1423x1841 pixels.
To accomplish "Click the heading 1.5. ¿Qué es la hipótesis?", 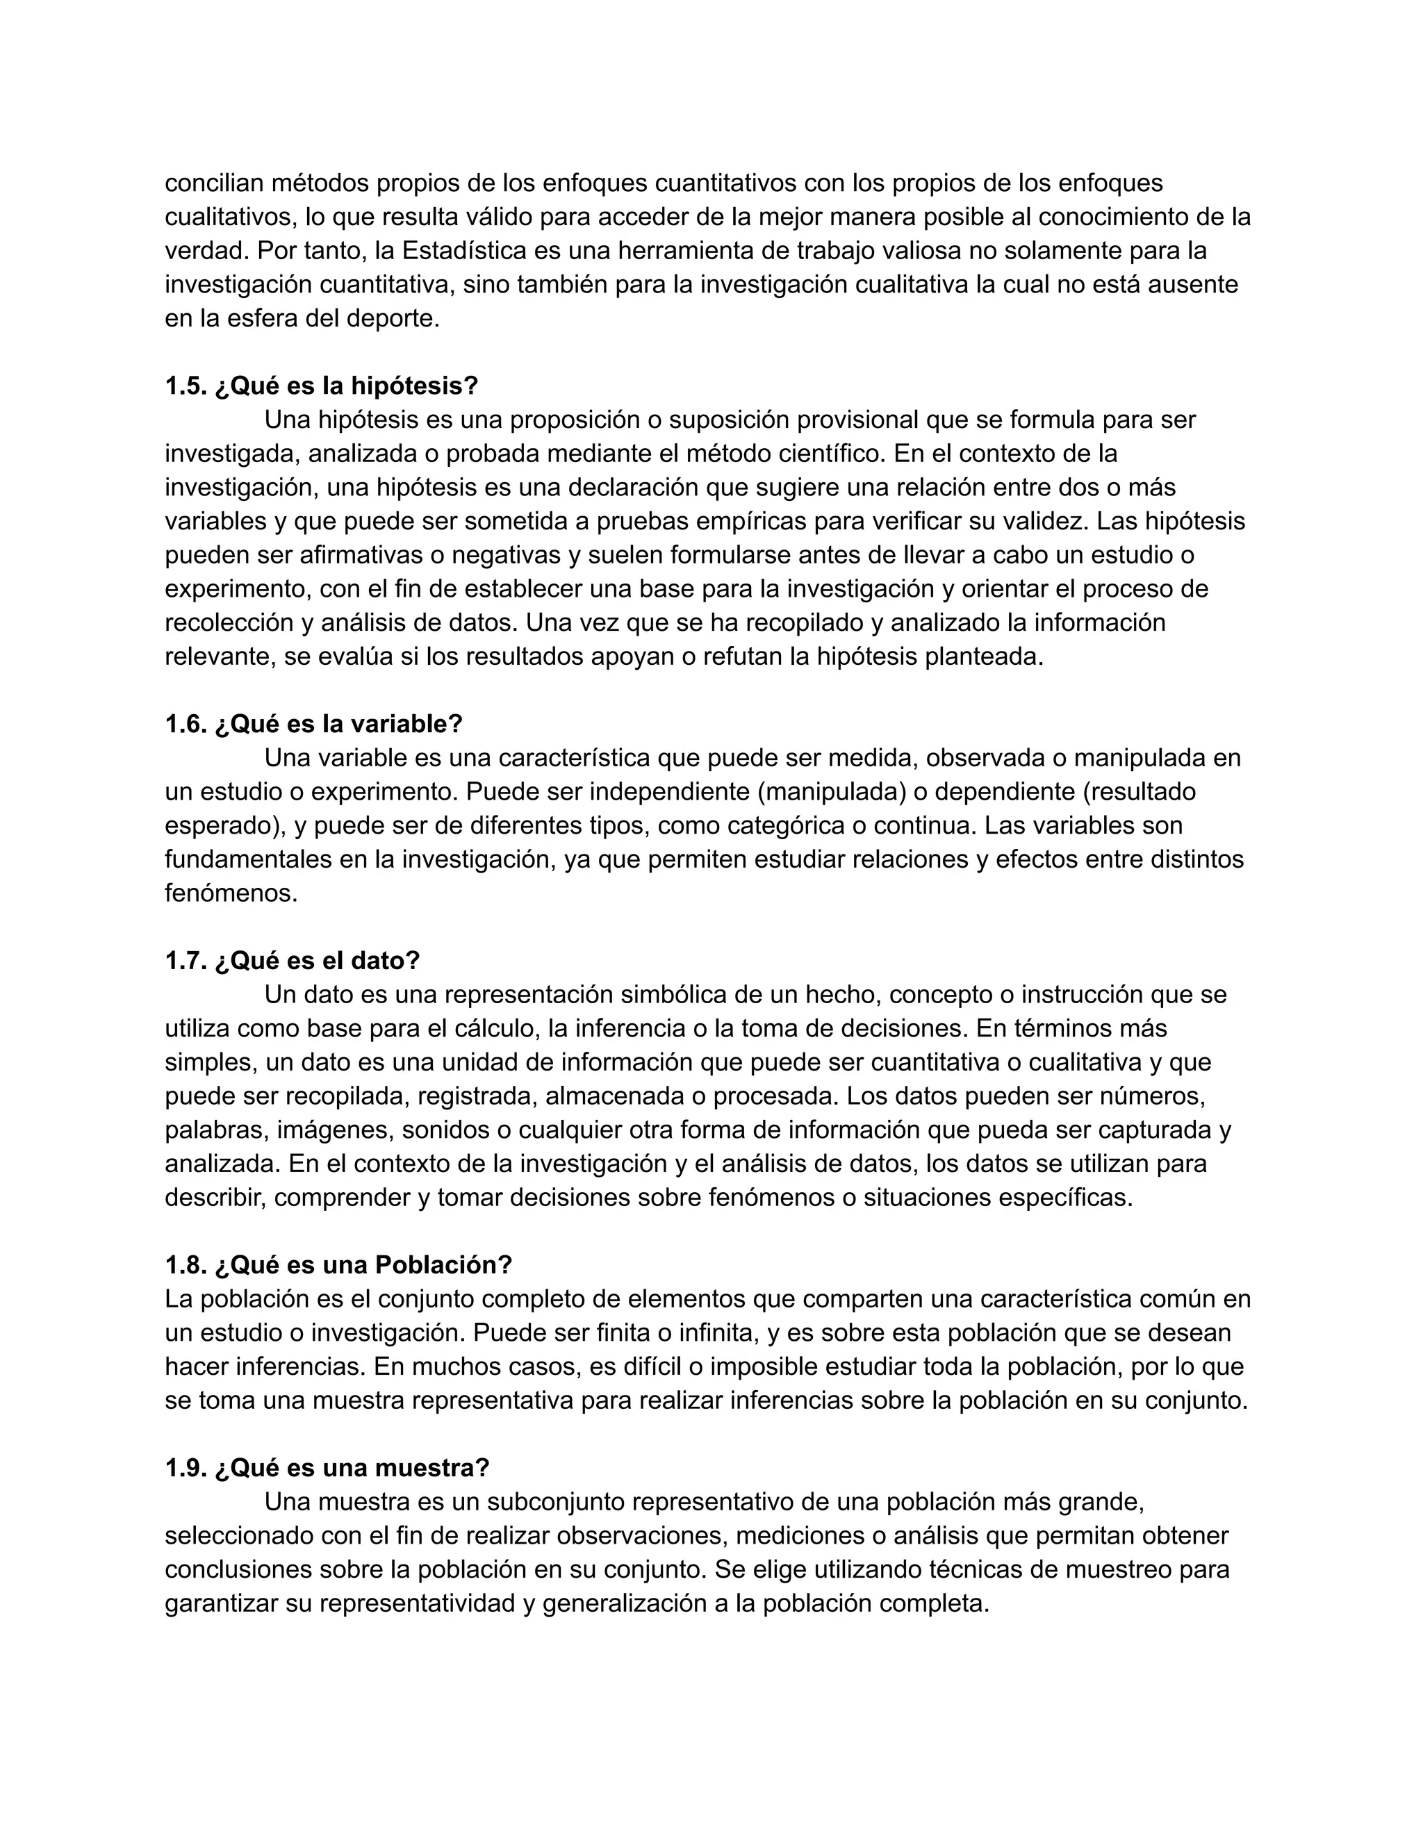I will tap(321, 386).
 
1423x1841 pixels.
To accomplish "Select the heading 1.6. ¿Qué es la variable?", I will tap(313, 724).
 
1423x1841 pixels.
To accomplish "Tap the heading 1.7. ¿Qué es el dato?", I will tap(292, 961).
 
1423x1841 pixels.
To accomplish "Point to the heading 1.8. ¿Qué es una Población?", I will tap(338, 1265).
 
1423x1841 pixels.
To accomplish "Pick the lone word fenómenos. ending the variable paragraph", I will tap(231, 893).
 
